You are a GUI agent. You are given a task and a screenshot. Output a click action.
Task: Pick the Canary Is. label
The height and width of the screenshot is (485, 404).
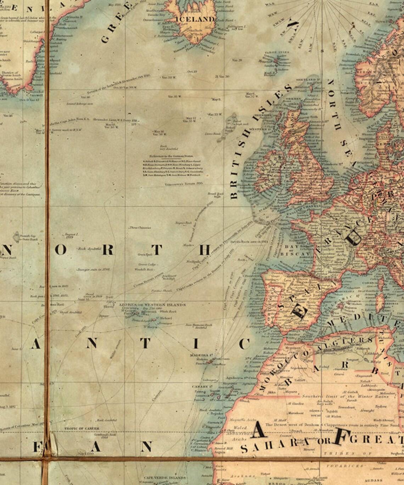199,386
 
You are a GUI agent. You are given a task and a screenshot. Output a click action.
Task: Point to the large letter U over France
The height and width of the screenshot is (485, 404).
354,238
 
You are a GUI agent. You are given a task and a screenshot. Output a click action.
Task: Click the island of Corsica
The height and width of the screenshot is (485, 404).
380,284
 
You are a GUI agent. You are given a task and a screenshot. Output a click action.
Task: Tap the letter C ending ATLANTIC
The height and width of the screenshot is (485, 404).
244,343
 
